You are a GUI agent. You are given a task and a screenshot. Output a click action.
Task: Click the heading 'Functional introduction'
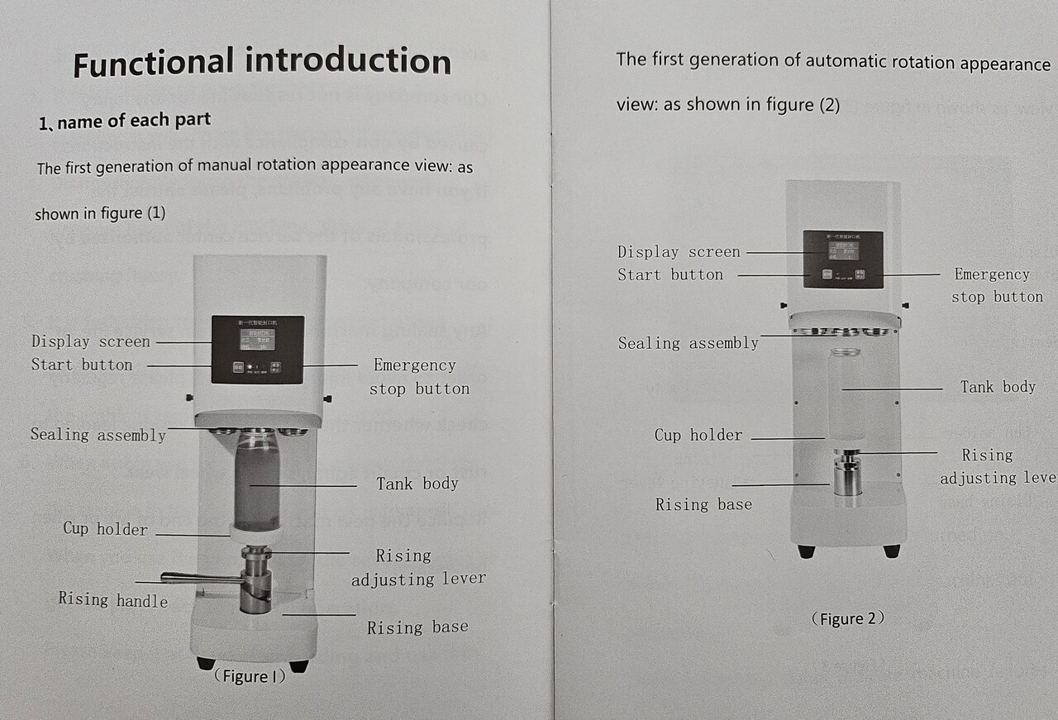click(262, 63)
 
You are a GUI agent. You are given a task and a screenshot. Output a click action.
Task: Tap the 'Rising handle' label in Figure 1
click(112, 599)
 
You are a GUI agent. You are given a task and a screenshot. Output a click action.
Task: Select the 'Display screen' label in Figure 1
click(91, 341)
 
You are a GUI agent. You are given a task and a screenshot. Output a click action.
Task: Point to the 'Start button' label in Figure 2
click(670, 274)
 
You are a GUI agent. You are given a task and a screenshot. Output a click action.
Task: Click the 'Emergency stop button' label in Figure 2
click(996, 285)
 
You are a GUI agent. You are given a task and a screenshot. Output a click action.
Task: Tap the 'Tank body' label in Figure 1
click(417, 484)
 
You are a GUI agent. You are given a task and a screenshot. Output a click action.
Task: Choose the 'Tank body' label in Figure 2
click(998, 386)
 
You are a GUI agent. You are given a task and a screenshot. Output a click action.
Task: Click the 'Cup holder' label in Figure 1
click(106, 529)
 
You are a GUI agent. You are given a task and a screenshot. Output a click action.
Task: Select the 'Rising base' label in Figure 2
click(703, 504)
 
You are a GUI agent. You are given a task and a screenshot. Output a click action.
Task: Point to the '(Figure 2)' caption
click(847, 618)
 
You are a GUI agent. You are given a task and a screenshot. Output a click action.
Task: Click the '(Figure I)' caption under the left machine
click(249, 676)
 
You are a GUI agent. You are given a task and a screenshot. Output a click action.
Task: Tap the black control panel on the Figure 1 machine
click(257, 349)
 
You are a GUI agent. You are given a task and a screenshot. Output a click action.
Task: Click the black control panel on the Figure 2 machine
click(842, 259)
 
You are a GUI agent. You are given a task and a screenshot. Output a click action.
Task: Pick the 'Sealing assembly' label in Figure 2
click(688, 343)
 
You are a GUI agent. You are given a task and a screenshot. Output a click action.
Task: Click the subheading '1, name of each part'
click(125, 122)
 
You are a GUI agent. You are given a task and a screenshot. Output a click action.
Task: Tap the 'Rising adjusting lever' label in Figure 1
click(417, 567)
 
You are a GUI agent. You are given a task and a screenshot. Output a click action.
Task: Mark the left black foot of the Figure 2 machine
click(805, 551)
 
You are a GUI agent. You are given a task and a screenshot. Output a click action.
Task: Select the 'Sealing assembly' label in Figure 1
click(98, 435)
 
